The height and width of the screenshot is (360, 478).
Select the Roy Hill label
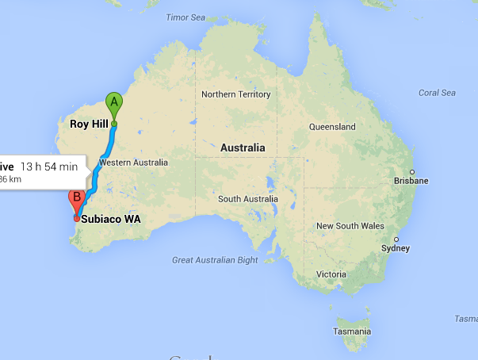click(88, 124)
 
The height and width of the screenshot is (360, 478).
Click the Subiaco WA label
click(111, 220)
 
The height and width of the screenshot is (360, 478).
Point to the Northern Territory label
click(235, 94)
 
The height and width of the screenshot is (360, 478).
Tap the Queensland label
click(332, 127)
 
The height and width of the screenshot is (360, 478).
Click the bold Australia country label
click(243, 148)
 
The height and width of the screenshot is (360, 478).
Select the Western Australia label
click(133, 163)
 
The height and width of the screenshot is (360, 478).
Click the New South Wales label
click(350, 226)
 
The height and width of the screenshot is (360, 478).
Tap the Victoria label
click(331, 274)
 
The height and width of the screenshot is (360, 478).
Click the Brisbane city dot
click(412, 171)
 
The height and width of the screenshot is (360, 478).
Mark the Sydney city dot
click(396, 239)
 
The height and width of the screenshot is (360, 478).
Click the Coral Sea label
click(437, 93)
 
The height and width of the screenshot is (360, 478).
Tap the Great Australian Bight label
click(215, 260)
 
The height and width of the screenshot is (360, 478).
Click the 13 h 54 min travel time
click(49, 167)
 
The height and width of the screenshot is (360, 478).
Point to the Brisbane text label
click(411, 181)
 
